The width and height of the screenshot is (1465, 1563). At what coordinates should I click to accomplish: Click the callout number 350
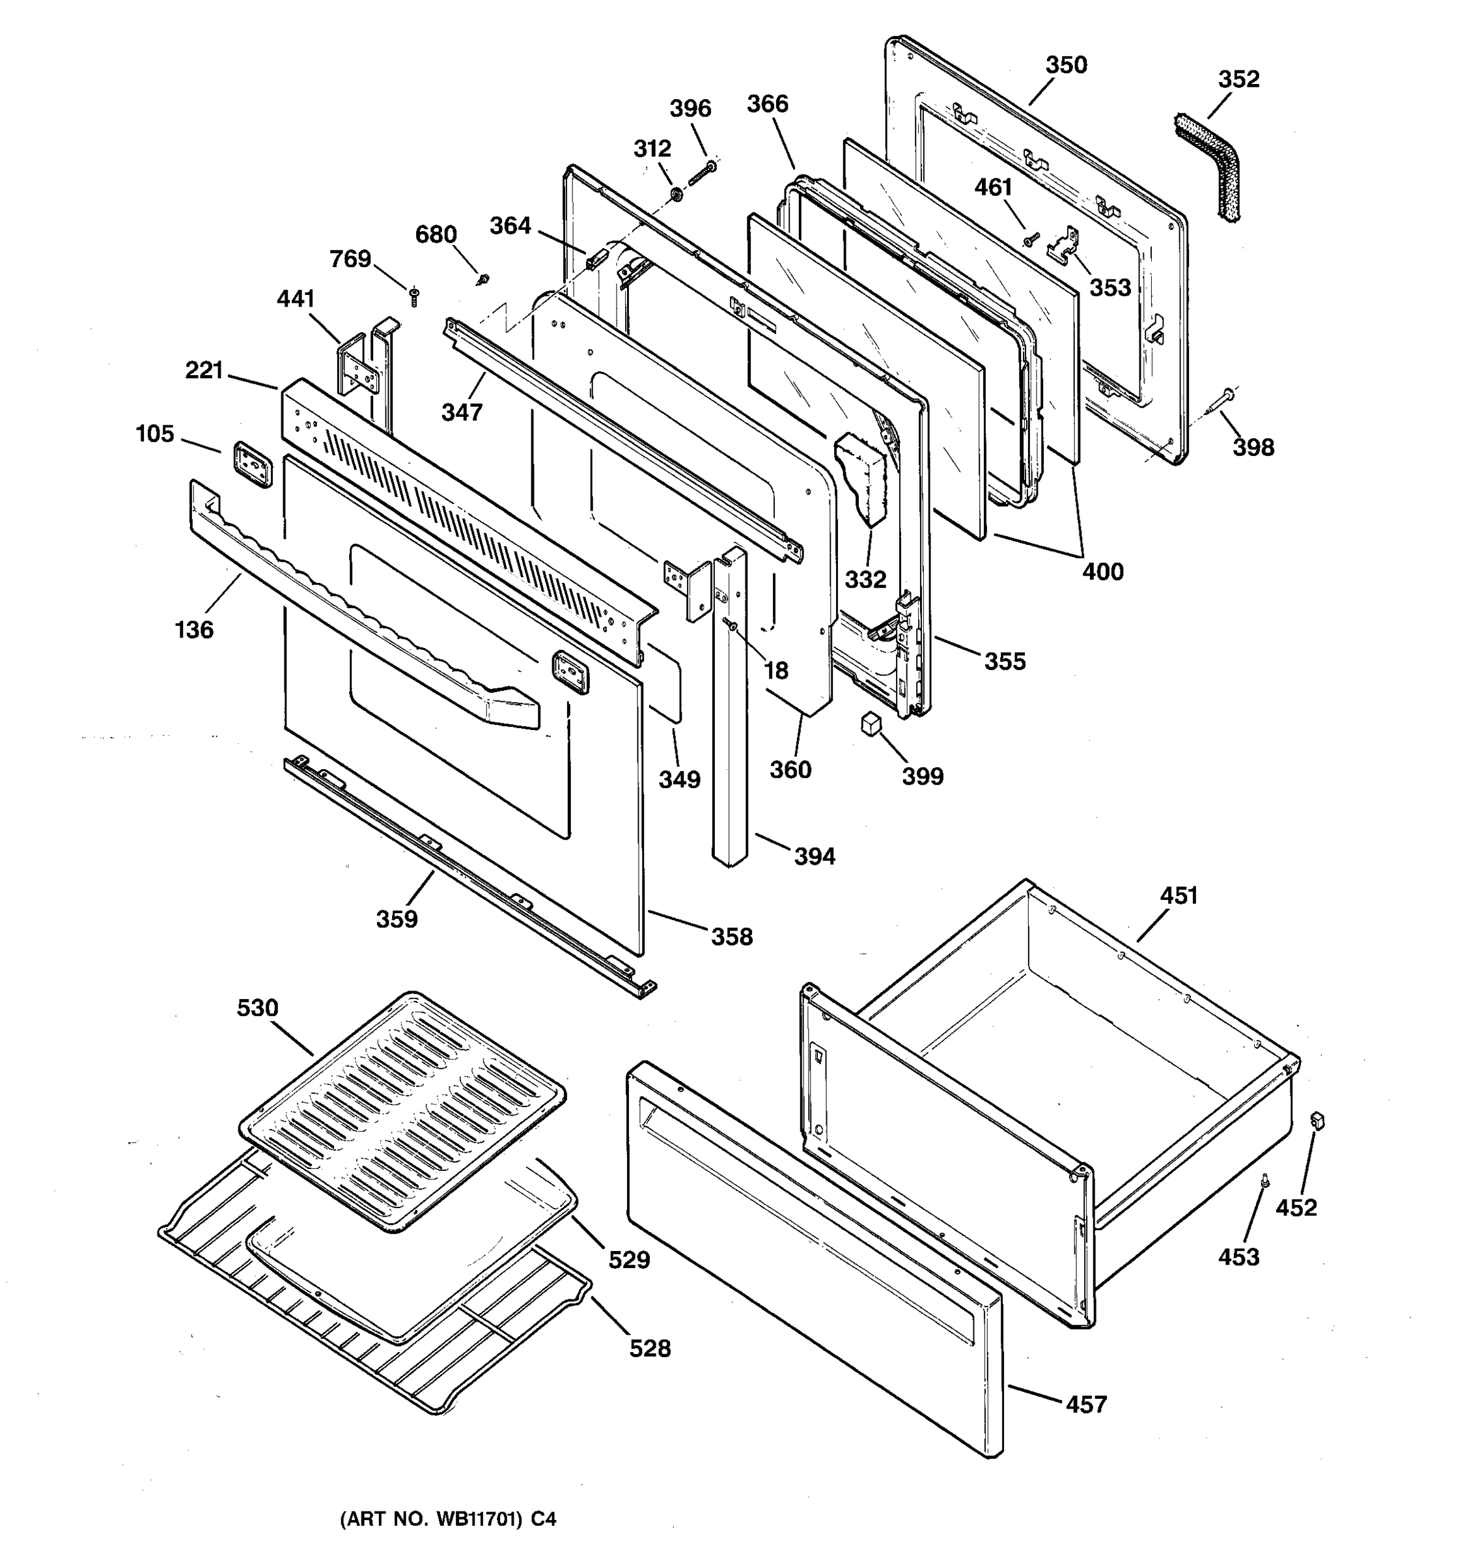pos(1066,65)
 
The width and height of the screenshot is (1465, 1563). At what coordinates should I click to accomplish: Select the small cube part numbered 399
pos(869,724)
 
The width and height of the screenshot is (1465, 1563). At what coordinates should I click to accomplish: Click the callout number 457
pos(1086,1404)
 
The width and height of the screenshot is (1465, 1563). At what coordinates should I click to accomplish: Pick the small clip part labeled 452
pos(1318,1120)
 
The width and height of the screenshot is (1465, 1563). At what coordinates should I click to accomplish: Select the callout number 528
pos(650,1348)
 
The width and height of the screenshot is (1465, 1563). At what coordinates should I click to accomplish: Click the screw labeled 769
pos(414,296)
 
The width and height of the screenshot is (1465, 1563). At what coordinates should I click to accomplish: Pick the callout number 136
pos(194,630)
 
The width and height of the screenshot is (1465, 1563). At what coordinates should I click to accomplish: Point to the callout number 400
pos(1103,572)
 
